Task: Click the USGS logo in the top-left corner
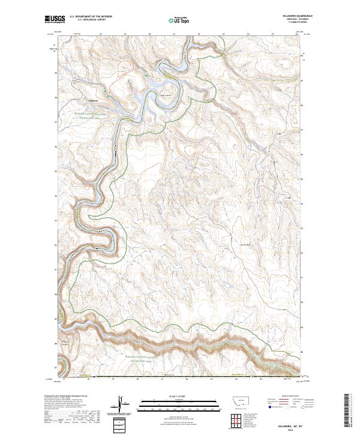pyautogui.click(x=55, y=20)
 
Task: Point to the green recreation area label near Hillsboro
pyautogui.click(x=90, y=114)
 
